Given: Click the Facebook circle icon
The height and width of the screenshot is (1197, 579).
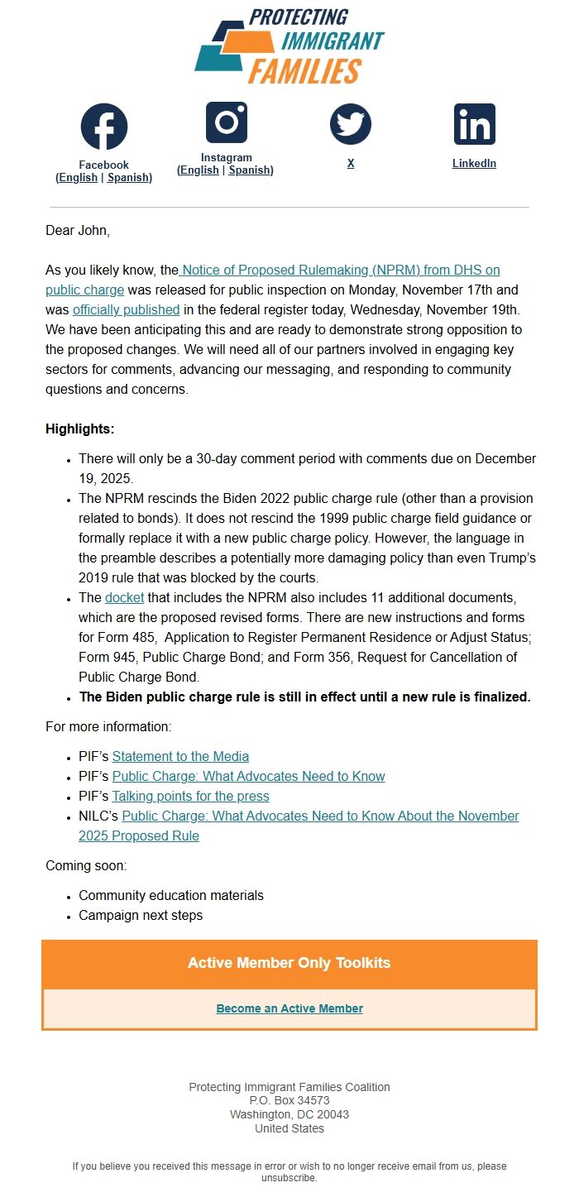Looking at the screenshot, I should [104, 127].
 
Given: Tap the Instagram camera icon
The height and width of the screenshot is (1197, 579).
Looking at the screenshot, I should [227, 122].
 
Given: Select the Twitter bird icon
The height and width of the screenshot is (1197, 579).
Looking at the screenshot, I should [351, 124].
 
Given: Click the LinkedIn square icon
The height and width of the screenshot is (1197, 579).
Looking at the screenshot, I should [475, 124].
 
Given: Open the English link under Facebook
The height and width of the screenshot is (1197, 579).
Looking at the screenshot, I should [79, 178].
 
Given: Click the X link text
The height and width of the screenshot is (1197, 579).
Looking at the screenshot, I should [351, 164].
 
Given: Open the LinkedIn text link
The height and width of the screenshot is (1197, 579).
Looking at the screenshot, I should [474, 164].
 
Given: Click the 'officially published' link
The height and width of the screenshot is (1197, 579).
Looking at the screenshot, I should [127, 310].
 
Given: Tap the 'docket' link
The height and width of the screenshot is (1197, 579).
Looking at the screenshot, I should [124, 597].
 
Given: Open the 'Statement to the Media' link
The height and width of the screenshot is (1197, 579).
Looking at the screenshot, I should [180, 756].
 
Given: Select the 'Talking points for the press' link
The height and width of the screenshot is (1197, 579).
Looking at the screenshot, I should [190, 796].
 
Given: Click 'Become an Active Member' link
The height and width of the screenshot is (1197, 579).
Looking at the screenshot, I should [289, 1008].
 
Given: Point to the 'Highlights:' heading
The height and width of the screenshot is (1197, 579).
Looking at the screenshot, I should [80, 429].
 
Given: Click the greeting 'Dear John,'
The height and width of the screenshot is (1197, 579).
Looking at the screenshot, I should [78, 231].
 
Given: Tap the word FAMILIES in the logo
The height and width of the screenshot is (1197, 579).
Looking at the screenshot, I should [304, 71].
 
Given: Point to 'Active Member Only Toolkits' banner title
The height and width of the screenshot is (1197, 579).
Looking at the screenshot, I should [289, 963].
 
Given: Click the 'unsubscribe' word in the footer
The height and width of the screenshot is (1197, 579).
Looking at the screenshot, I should [289, 1178].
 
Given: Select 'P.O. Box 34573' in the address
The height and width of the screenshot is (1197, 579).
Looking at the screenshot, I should [289, 1101].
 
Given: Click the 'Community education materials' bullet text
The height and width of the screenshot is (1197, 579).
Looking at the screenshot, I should [171, 895].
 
